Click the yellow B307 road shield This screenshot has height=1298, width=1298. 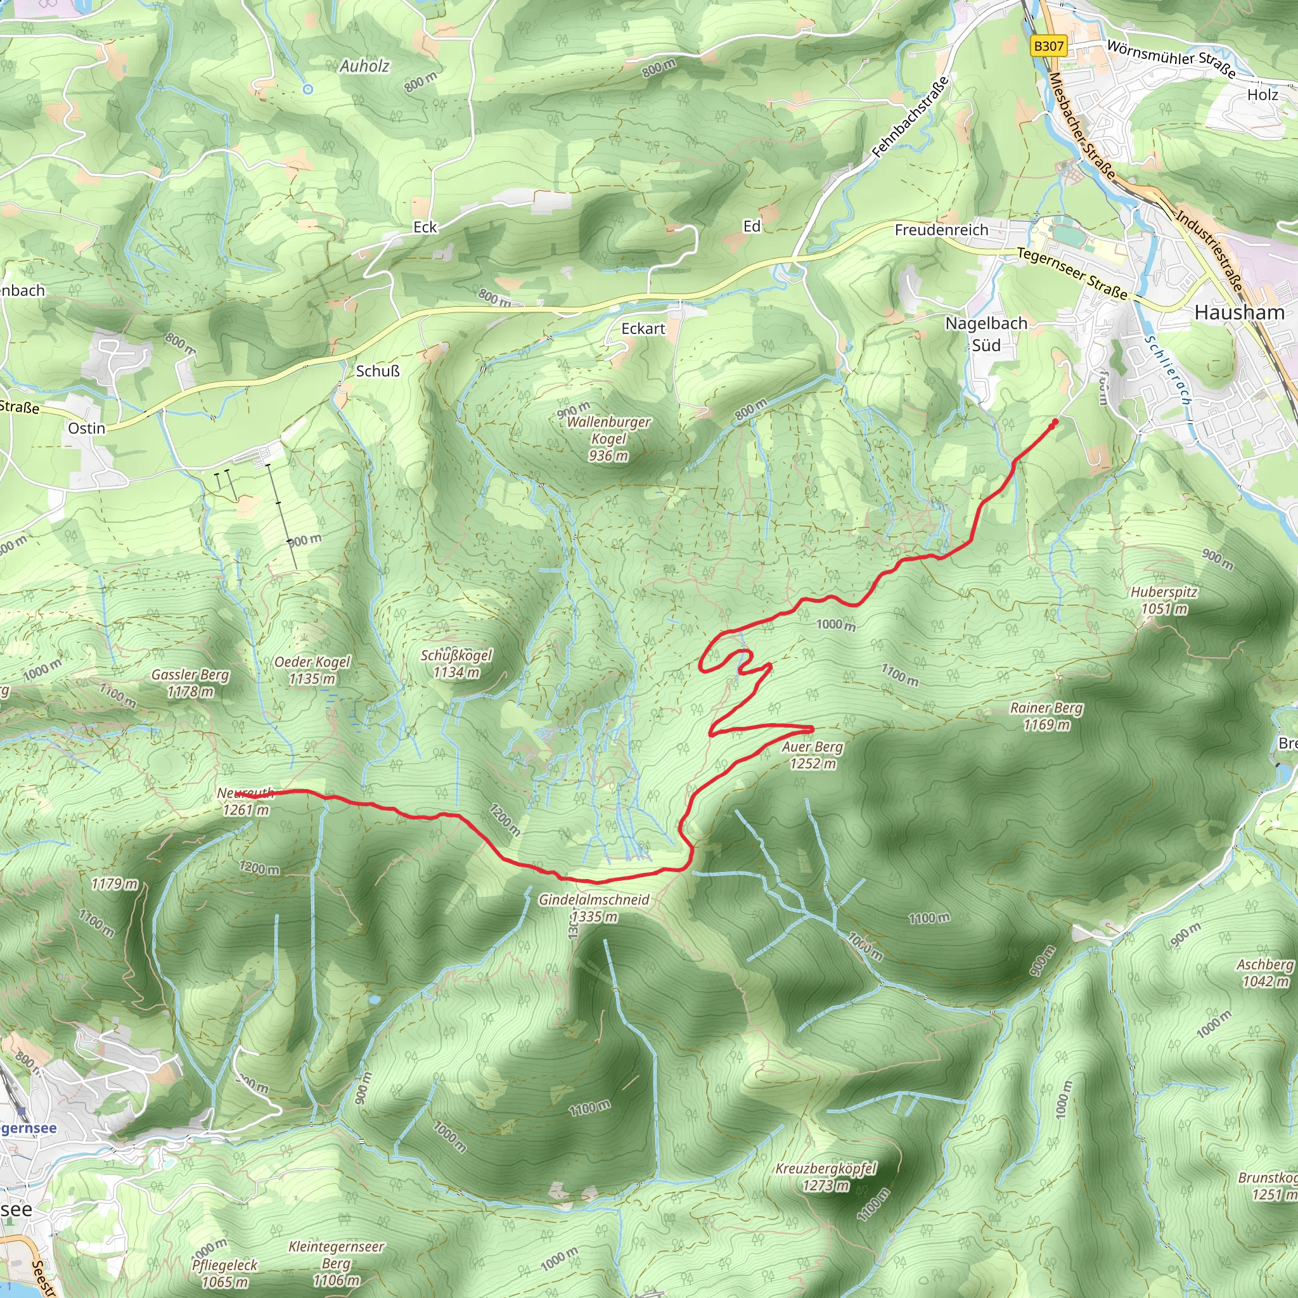click(1048, 46)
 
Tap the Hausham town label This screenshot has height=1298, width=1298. click(1239, 312)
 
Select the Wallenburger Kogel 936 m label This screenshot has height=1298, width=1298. click(608, 439)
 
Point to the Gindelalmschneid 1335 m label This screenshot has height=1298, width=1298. click(594, 908)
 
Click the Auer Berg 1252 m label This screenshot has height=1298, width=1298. click(813, 755)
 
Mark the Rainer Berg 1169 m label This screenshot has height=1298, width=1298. click(1046, 716)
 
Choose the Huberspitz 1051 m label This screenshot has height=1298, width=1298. click(1164, 600)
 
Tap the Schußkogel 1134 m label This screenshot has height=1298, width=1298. click(456, 663)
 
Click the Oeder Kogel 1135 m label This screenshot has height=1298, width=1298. click(312, 670)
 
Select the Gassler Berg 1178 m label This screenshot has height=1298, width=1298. click(190, 683)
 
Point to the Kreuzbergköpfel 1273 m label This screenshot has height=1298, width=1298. click(826, 1176)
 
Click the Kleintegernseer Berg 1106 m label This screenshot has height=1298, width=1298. click(336, 1263)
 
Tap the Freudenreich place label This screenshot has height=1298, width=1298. click(941, 230)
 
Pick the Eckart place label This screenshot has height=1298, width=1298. click(643, 328)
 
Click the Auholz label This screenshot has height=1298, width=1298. click(364, 66)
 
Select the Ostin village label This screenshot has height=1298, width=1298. click(87, 428)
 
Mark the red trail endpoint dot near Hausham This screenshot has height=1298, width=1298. click(1054, 422)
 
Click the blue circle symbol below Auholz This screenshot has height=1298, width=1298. click(307, 89)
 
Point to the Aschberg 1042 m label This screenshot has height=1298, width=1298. click(1265, 973)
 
